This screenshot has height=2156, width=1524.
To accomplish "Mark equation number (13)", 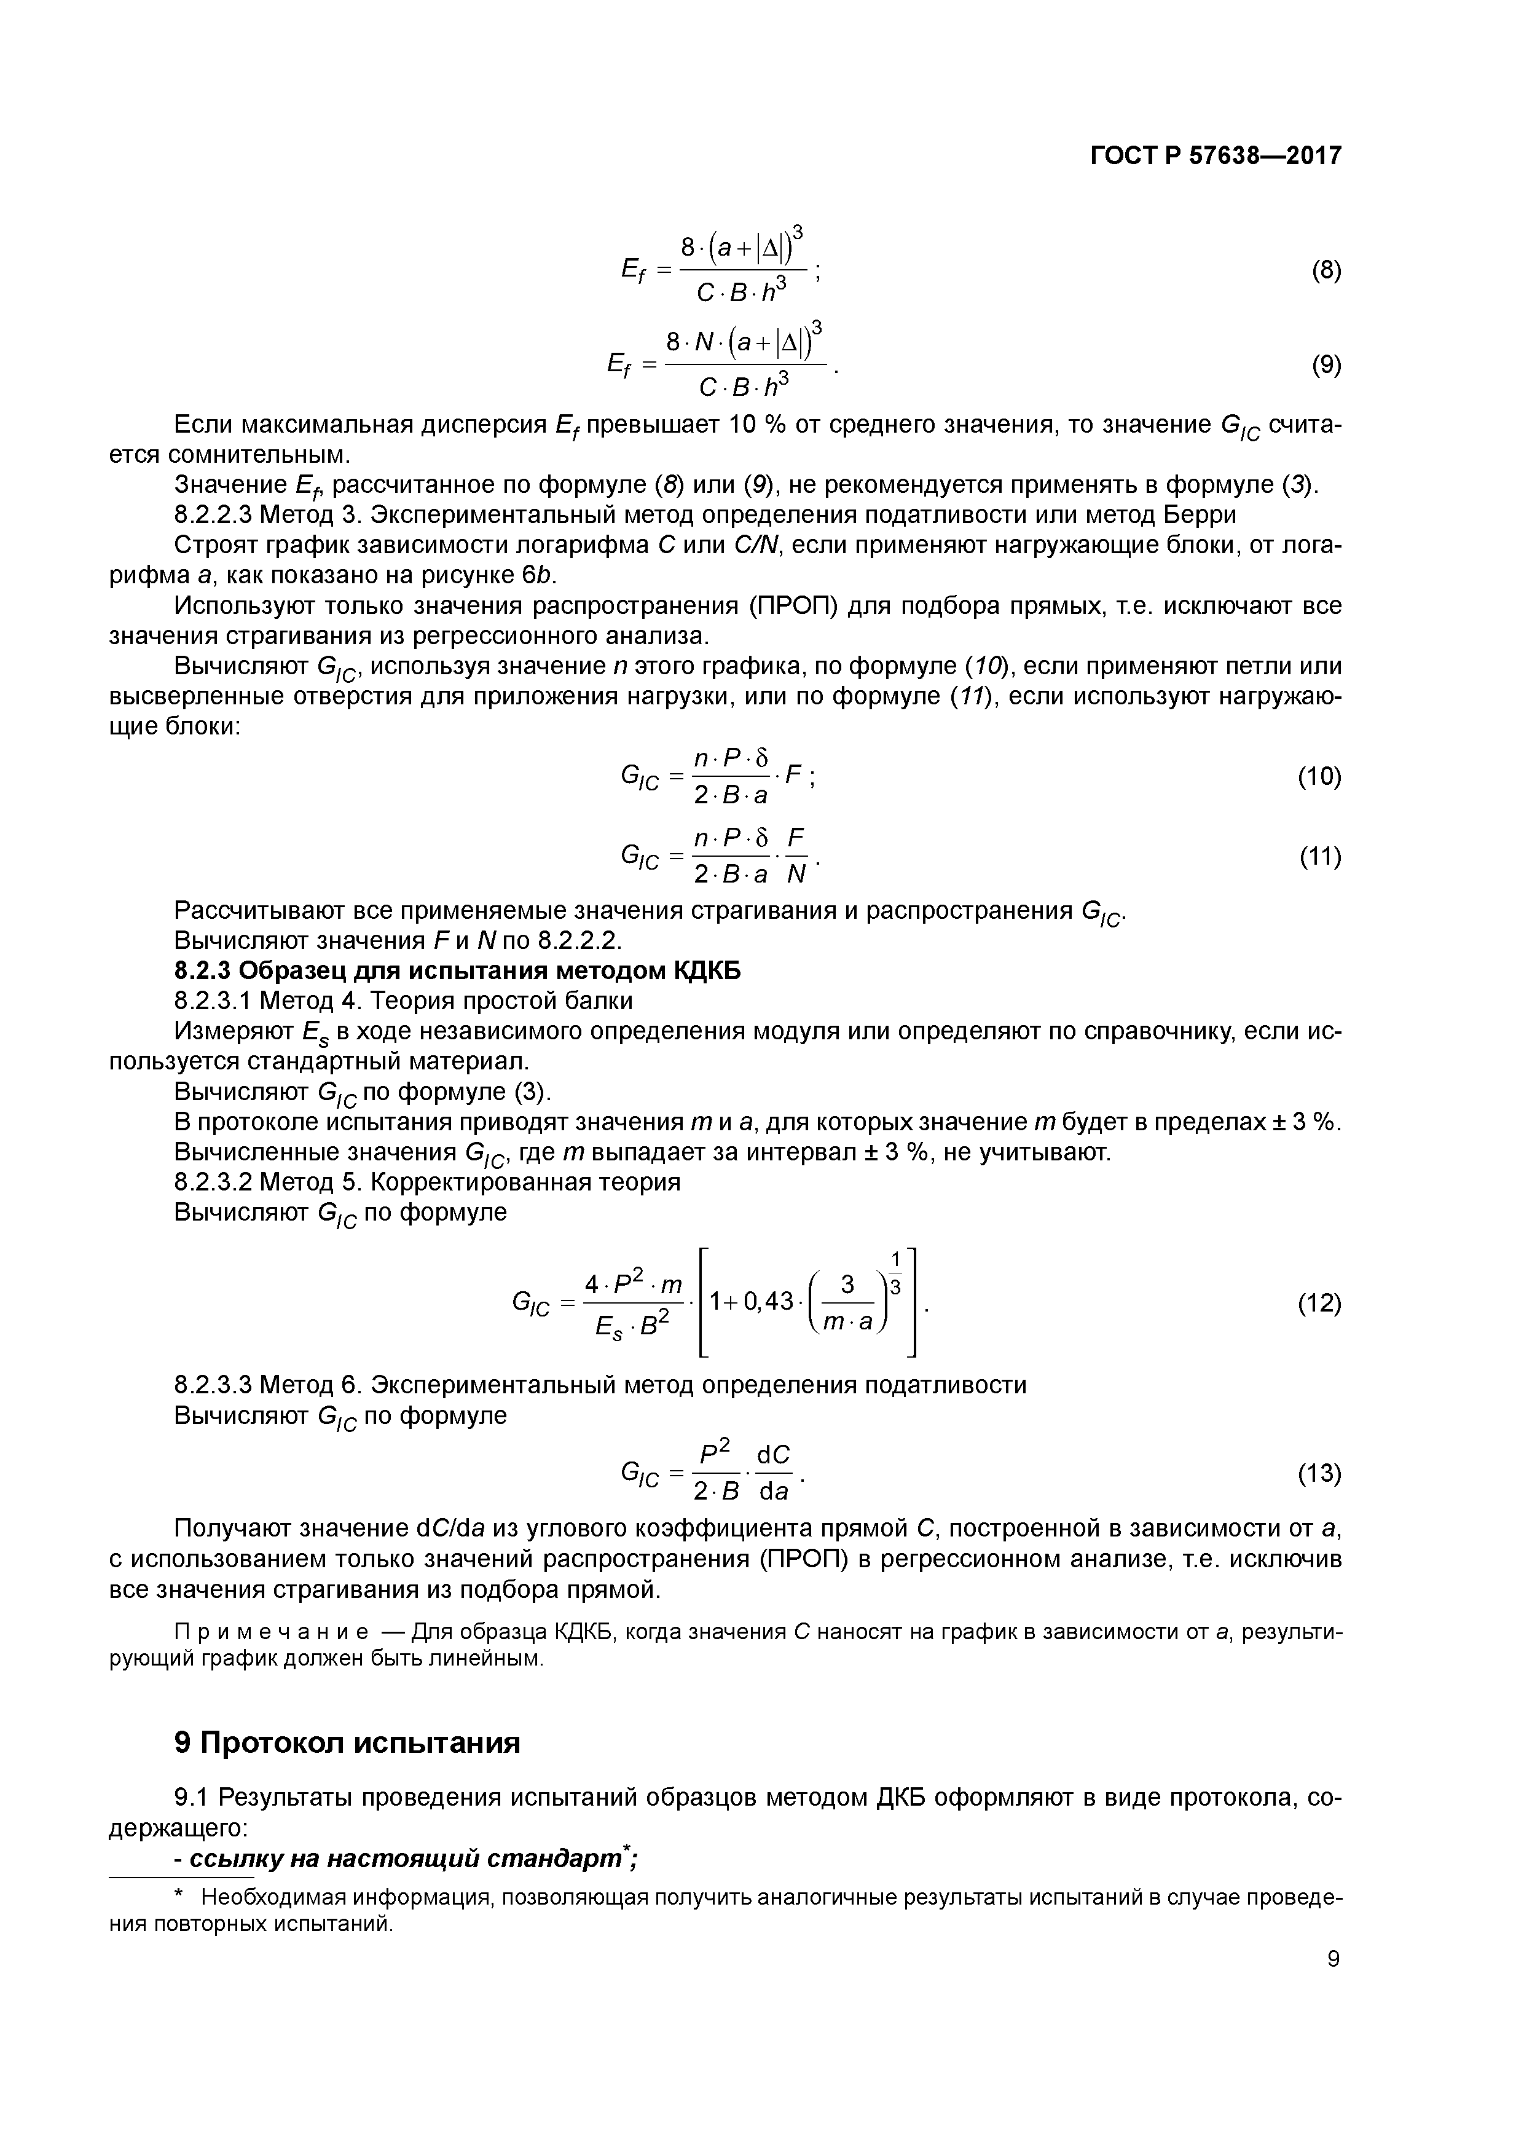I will (1319, 1473).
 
